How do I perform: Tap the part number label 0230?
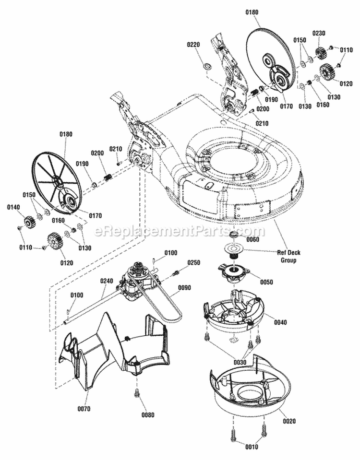(319, 33)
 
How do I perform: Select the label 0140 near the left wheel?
(13, 207)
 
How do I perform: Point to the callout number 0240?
(107, 281)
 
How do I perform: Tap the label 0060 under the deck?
(252, 239)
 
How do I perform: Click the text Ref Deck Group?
(287, 257)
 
